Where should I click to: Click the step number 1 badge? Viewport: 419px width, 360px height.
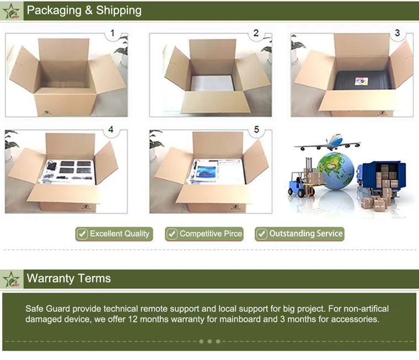pyautogui.click(x=113, y=34)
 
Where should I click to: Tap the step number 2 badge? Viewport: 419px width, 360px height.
pyautogui.click(x=256, y=34)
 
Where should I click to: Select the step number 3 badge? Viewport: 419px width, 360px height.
pyautogui.click(x=397, y=34)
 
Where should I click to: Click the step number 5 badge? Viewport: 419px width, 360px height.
pyautogui.click(x=256, y=130)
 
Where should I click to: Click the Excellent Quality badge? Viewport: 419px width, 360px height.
pyautogui.click(x=113, y=234)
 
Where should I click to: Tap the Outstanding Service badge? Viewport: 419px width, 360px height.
pyautogui.click(x=299, y=234)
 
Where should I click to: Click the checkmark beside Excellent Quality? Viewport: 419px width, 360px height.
pyautogui.click(x=82, y=234)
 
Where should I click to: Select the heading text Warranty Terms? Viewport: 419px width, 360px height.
pyautogui.click(x=69, y=278)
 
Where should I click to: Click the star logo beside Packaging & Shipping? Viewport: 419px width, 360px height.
pyautogui.click(x=12, y=10)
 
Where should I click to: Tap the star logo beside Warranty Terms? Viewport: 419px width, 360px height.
pyautogui.click(x=12, y=279)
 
